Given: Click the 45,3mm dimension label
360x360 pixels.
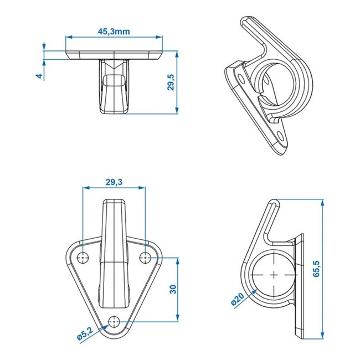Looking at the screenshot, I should click(114, 32).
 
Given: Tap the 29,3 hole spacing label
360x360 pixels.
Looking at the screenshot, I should click(114, 182).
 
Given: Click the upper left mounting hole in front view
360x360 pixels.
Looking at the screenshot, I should click(83, 257).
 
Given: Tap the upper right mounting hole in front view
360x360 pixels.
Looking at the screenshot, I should click(146, 257).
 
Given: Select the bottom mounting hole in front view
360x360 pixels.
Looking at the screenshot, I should click(115, 321).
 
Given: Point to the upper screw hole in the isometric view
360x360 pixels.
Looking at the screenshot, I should click(240, 72).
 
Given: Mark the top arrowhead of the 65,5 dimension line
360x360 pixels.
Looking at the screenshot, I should click(322, 203).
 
